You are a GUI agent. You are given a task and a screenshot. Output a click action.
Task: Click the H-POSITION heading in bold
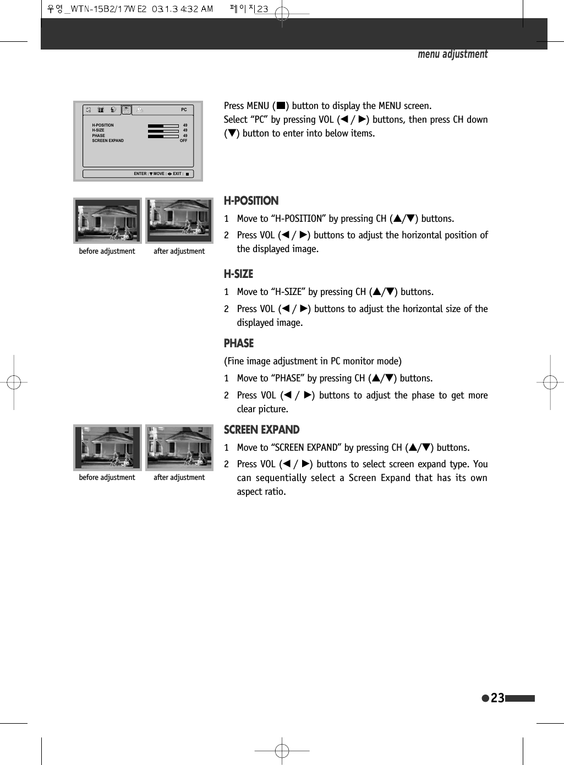pos(251,201)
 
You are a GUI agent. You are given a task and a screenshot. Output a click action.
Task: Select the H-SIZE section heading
pos(238,274)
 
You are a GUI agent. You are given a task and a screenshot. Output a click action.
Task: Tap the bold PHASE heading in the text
pos(238,343)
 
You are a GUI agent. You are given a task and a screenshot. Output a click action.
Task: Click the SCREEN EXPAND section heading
pos(261,430)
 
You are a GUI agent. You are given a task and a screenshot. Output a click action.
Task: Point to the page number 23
pos(497,698)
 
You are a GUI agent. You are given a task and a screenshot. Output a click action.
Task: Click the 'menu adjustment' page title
pos(452,54)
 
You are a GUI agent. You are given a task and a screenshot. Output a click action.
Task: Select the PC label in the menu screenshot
pos(184,110)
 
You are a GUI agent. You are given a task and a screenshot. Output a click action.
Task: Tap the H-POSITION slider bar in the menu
pos(163,125)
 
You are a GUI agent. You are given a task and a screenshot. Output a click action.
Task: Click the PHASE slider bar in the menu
pos(163,136)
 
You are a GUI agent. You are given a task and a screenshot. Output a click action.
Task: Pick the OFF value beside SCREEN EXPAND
pos(183,141)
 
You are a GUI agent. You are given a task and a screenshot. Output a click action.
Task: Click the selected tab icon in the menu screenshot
pos(126,110)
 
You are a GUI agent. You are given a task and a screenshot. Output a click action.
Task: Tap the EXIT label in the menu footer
pos(177,174)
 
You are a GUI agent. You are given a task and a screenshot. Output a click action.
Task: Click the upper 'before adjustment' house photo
pos(107,221)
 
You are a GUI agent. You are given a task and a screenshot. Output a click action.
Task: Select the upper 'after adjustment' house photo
pos(179,221)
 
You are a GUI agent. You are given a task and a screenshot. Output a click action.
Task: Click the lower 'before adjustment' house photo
pos(107,447)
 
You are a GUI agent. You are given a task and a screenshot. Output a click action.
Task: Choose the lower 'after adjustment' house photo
pos(179,447)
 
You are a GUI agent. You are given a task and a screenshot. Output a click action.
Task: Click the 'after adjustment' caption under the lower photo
pos(179,478)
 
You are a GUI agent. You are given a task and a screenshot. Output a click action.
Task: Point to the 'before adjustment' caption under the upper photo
pos(107,252)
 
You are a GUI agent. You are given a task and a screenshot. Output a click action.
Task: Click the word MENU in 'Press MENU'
pos(258,106)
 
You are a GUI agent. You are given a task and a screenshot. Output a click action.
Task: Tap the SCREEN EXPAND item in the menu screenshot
pos(108,141)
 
